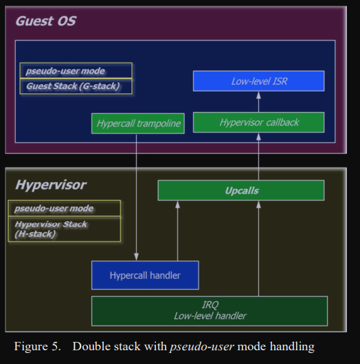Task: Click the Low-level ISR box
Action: (259, 81)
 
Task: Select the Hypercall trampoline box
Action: (138, 124)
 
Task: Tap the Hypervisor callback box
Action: (259, 122)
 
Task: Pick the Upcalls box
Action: (241, 190)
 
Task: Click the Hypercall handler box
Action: (145, 275)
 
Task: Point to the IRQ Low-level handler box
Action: (210, 311)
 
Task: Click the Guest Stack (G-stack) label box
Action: (76, 87)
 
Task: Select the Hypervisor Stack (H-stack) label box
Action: (65, 229)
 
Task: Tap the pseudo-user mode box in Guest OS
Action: (76, 71)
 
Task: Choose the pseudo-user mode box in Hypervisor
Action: (65, 208)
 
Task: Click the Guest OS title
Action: (46, 21)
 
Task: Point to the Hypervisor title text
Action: (51, 185)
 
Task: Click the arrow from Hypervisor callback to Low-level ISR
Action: (258, 102)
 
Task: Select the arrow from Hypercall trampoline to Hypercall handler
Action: (136, 197)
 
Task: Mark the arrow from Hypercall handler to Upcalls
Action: (178, 231)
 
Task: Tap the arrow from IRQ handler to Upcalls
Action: (258, 249)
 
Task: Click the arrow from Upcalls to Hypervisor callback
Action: (258, 157)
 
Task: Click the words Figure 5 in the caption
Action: (37, 346)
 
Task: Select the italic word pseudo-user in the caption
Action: (201, 347)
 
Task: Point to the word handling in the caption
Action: (292, 347)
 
